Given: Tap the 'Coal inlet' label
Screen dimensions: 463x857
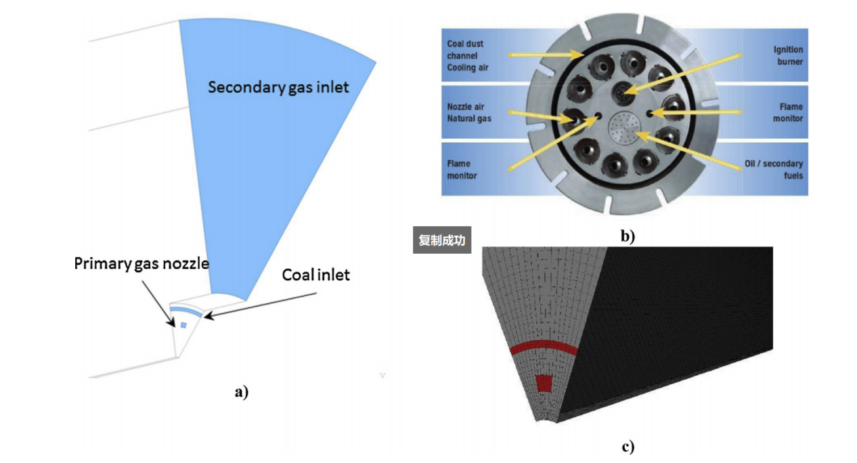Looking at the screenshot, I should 315,275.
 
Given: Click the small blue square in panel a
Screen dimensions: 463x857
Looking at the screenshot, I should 183,326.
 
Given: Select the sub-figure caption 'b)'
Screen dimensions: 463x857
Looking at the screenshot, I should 628,236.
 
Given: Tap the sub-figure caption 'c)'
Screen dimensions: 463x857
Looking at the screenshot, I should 628,447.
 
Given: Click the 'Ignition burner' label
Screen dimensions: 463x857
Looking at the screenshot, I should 788,56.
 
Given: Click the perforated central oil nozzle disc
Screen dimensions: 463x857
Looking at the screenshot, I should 624,128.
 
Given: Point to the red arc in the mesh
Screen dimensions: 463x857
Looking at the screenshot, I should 544,348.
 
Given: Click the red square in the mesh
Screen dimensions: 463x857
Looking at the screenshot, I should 544,383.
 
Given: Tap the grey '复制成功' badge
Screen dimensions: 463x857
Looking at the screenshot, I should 441,240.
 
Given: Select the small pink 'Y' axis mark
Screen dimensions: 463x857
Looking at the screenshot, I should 382,374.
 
